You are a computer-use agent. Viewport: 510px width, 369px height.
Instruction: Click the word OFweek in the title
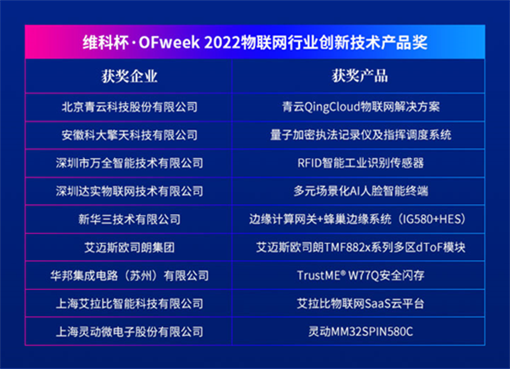click(169, 43)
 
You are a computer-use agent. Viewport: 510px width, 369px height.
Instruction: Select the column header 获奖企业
click(129, 77)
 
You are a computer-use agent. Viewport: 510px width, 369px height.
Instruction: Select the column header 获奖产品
click(360, 77)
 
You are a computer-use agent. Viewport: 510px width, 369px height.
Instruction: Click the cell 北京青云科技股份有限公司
click(129, 107)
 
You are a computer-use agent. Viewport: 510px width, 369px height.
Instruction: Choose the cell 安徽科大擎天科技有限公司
click(129, 135)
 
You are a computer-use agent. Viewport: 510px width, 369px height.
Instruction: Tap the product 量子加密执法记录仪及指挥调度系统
click(360, 135)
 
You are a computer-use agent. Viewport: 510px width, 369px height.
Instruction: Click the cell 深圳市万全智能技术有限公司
click(129, 163)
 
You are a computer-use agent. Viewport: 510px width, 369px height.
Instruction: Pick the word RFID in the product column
click(309, 163)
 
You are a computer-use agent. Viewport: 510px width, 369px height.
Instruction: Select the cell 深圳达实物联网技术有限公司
click(129, 191)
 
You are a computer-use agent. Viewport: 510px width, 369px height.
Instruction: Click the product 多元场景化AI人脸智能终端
click(360, 191)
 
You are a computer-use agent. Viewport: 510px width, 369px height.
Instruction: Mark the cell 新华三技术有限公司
click(129, 219)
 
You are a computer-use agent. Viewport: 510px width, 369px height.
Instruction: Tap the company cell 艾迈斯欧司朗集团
click(129, 247)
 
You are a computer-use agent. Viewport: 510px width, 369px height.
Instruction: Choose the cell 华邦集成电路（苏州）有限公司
click(129, 275)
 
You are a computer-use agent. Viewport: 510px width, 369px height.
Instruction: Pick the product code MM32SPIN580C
click(371, 332)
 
